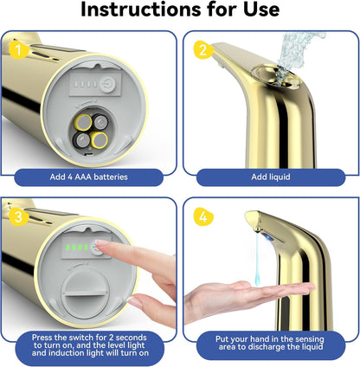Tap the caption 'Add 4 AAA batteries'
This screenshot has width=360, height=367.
(x=89, y=177)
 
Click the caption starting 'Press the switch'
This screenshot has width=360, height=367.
(x=89, y=345)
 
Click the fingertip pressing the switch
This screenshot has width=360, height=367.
(x=100, y=248)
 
